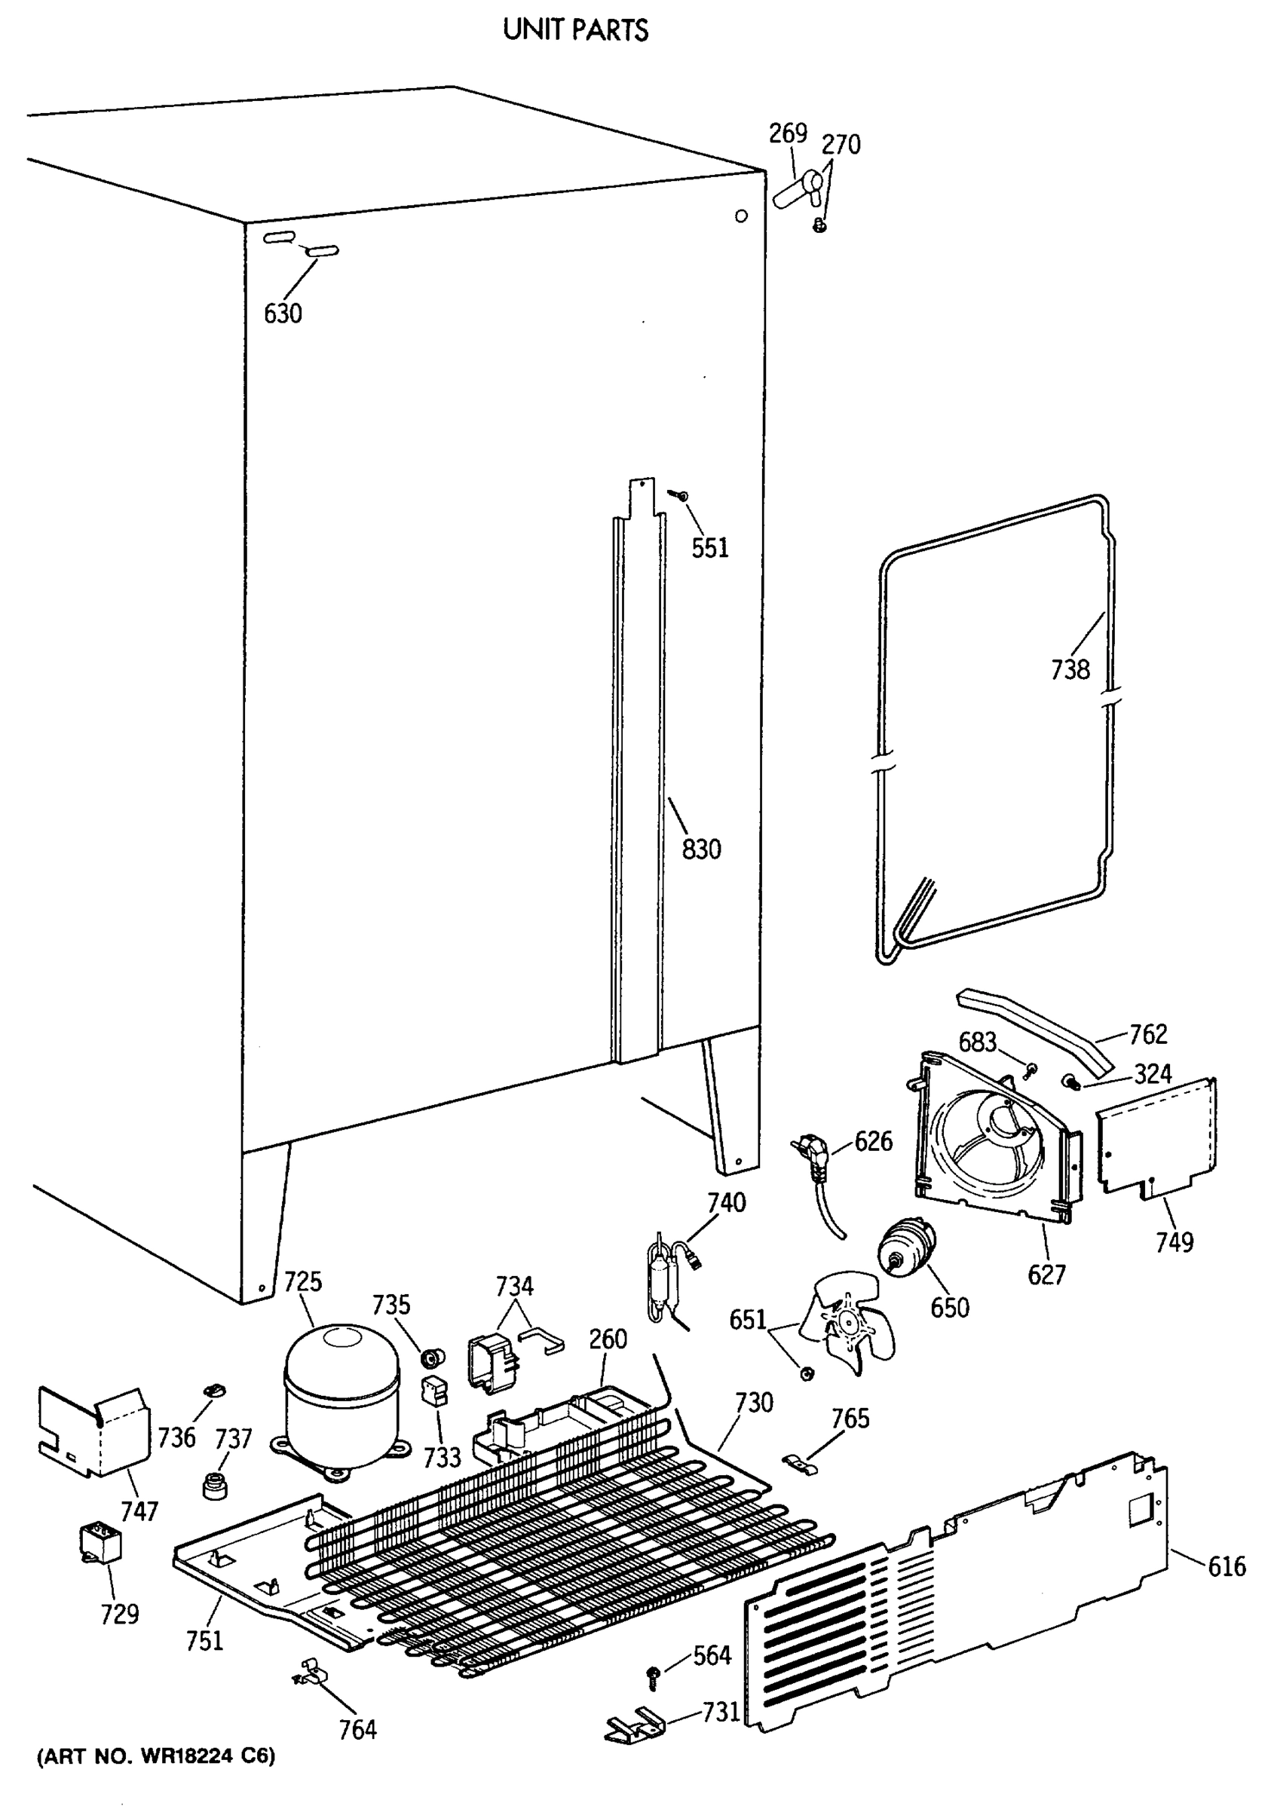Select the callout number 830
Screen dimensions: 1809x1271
700,849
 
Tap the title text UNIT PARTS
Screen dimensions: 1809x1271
575,30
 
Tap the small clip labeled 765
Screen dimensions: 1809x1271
801,1463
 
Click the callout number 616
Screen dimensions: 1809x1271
1226,1566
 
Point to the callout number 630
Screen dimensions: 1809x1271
282,313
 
